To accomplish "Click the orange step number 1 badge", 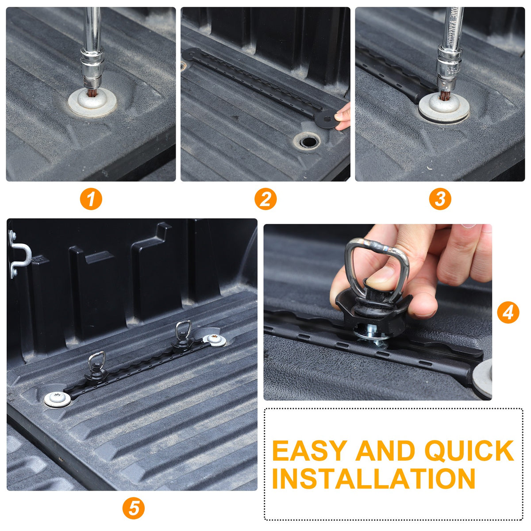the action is pos(91,199).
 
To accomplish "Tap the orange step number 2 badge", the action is pos(265,199).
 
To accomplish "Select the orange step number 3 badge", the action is pos(440,199).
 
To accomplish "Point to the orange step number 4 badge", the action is pos(508,313).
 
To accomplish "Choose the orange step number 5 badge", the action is pos(133,508).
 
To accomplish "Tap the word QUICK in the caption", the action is pos(469,451).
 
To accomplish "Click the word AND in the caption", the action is pos(385,450).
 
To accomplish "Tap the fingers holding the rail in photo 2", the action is pos(342,116).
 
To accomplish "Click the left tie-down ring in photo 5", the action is pos(97,362).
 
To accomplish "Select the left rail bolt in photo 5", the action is pos(58,398).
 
